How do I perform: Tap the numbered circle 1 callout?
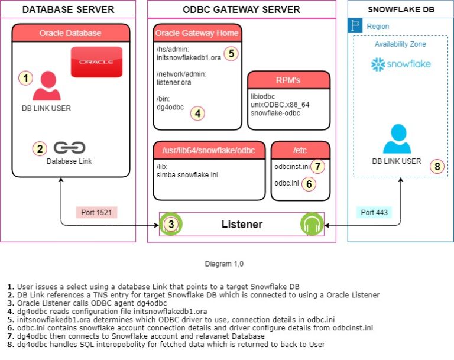(25, 78)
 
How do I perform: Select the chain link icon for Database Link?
(69, 148)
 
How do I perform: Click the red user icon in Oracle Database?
(47, 86)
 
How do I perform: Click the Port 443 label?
(375, 212)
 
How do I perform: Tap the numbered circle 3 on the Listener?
(171, 225)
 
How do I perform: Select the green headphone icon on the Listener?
(313, 225)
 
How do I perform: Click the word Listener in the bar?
(242, 225)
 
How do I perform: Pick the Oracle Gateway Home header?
(197, 33)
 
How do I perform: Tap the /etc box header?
(300, 150)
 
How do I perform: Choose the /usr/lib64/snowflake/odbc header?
(209, 150)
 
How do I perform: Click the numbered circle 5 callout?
(232, 54)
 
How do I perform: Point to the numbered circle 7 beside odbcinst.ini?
(317, 167)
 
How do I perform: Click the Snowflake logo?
(401, 64)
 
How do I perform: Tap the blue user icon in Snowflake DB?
(396, 139)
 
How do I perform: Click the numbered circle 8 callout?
(437, 166)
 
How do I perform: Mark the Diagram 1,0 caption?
(223, 262)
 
